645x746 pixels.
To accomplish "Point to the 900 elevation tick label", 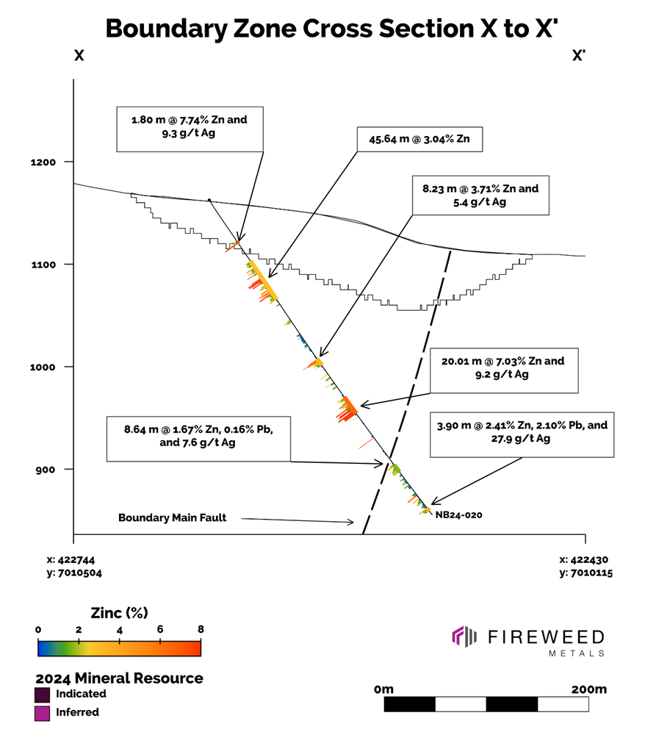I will point(57,469).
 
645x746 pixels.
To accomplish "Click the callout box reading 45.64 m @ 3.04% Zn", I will point(419,139).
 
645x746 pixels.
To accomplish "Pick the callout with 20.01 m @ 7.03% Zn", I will point(502,367).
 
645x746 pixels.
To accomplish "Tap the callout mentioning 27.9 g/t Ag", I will point(522,432).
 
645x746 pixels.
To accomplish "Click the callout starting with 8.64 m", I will point(198,439).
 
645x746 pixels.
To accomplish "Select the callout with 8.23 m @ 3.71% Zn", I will point(480,195).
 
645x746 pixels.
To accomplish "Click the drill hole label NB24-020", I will point(458,515).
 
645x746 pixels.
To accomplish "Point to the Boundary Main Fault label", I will point(173,517).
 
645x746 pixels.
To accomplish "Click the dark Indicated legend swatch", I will point(42,694).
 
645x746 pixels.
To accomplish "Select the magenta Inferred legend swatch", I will point(42,712).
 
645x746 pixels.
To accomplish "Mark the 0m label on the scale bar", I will point(383,689).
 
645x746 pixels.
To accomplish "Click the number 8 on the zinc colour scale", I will point(200,630).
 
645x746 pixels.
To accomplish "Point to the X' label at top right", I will point(579,56).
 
